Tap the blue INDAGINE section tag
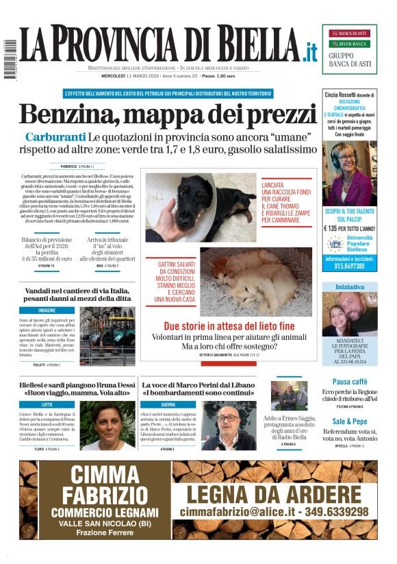pos(47,310)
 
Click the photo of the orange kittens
pos(255,282)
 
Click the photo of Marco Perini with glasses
pos(229,426)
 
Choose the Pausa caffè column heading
pos(349,381)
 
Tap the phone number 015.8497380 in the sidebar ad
pos(350,266)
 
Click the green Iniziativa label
pos(349,286)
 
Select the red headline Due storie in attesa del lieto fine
pos(229,326)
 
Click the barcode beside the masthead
pos(8,58)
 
